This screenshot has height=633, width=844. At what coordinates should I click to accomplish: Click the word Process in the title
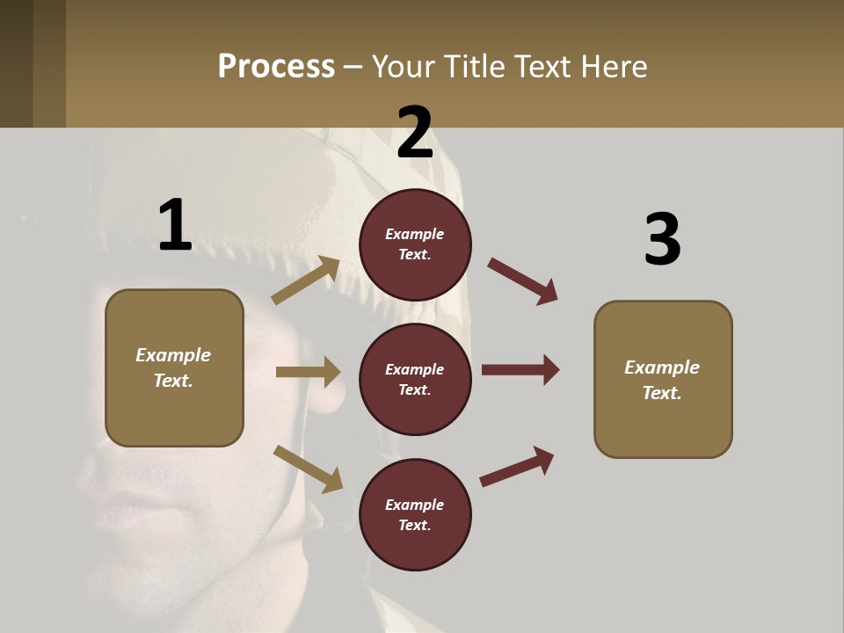click(x=276, y=66)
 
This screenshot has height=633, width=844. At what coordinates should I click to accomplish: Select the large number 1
click(x=175, y=226)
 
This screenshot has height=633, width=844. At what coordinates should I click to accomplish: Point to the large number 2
click(x=415, y=133)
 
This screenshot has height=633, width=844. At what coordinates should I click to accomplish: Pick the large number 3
click(x=662, y=240)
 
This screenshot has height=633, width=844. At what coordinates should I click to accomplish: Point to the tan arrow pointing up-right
click(x=306, y=280)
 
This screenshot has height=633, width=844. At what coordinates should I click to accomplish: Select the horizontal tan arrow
click(x=308, y=372)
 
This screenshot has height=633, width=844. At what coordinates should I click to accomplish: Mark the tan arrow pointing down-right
click(x=308, y=469)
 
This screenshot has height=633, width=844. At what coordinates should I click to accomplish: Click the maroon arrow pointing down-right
click(x=523, y=281)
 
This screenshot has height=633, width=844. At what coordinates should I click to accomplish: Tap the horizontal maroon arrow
click(x=520, y=370)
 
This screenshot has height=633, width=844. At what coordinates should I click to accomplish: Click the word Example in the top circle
click(x=415, y=234)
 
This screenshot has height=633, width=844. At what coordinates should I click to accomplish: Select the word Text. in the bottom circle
click(x=415, y=525)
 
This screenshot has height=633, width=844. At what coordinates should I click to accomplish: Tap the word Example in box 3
click(x=662, y=367)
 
